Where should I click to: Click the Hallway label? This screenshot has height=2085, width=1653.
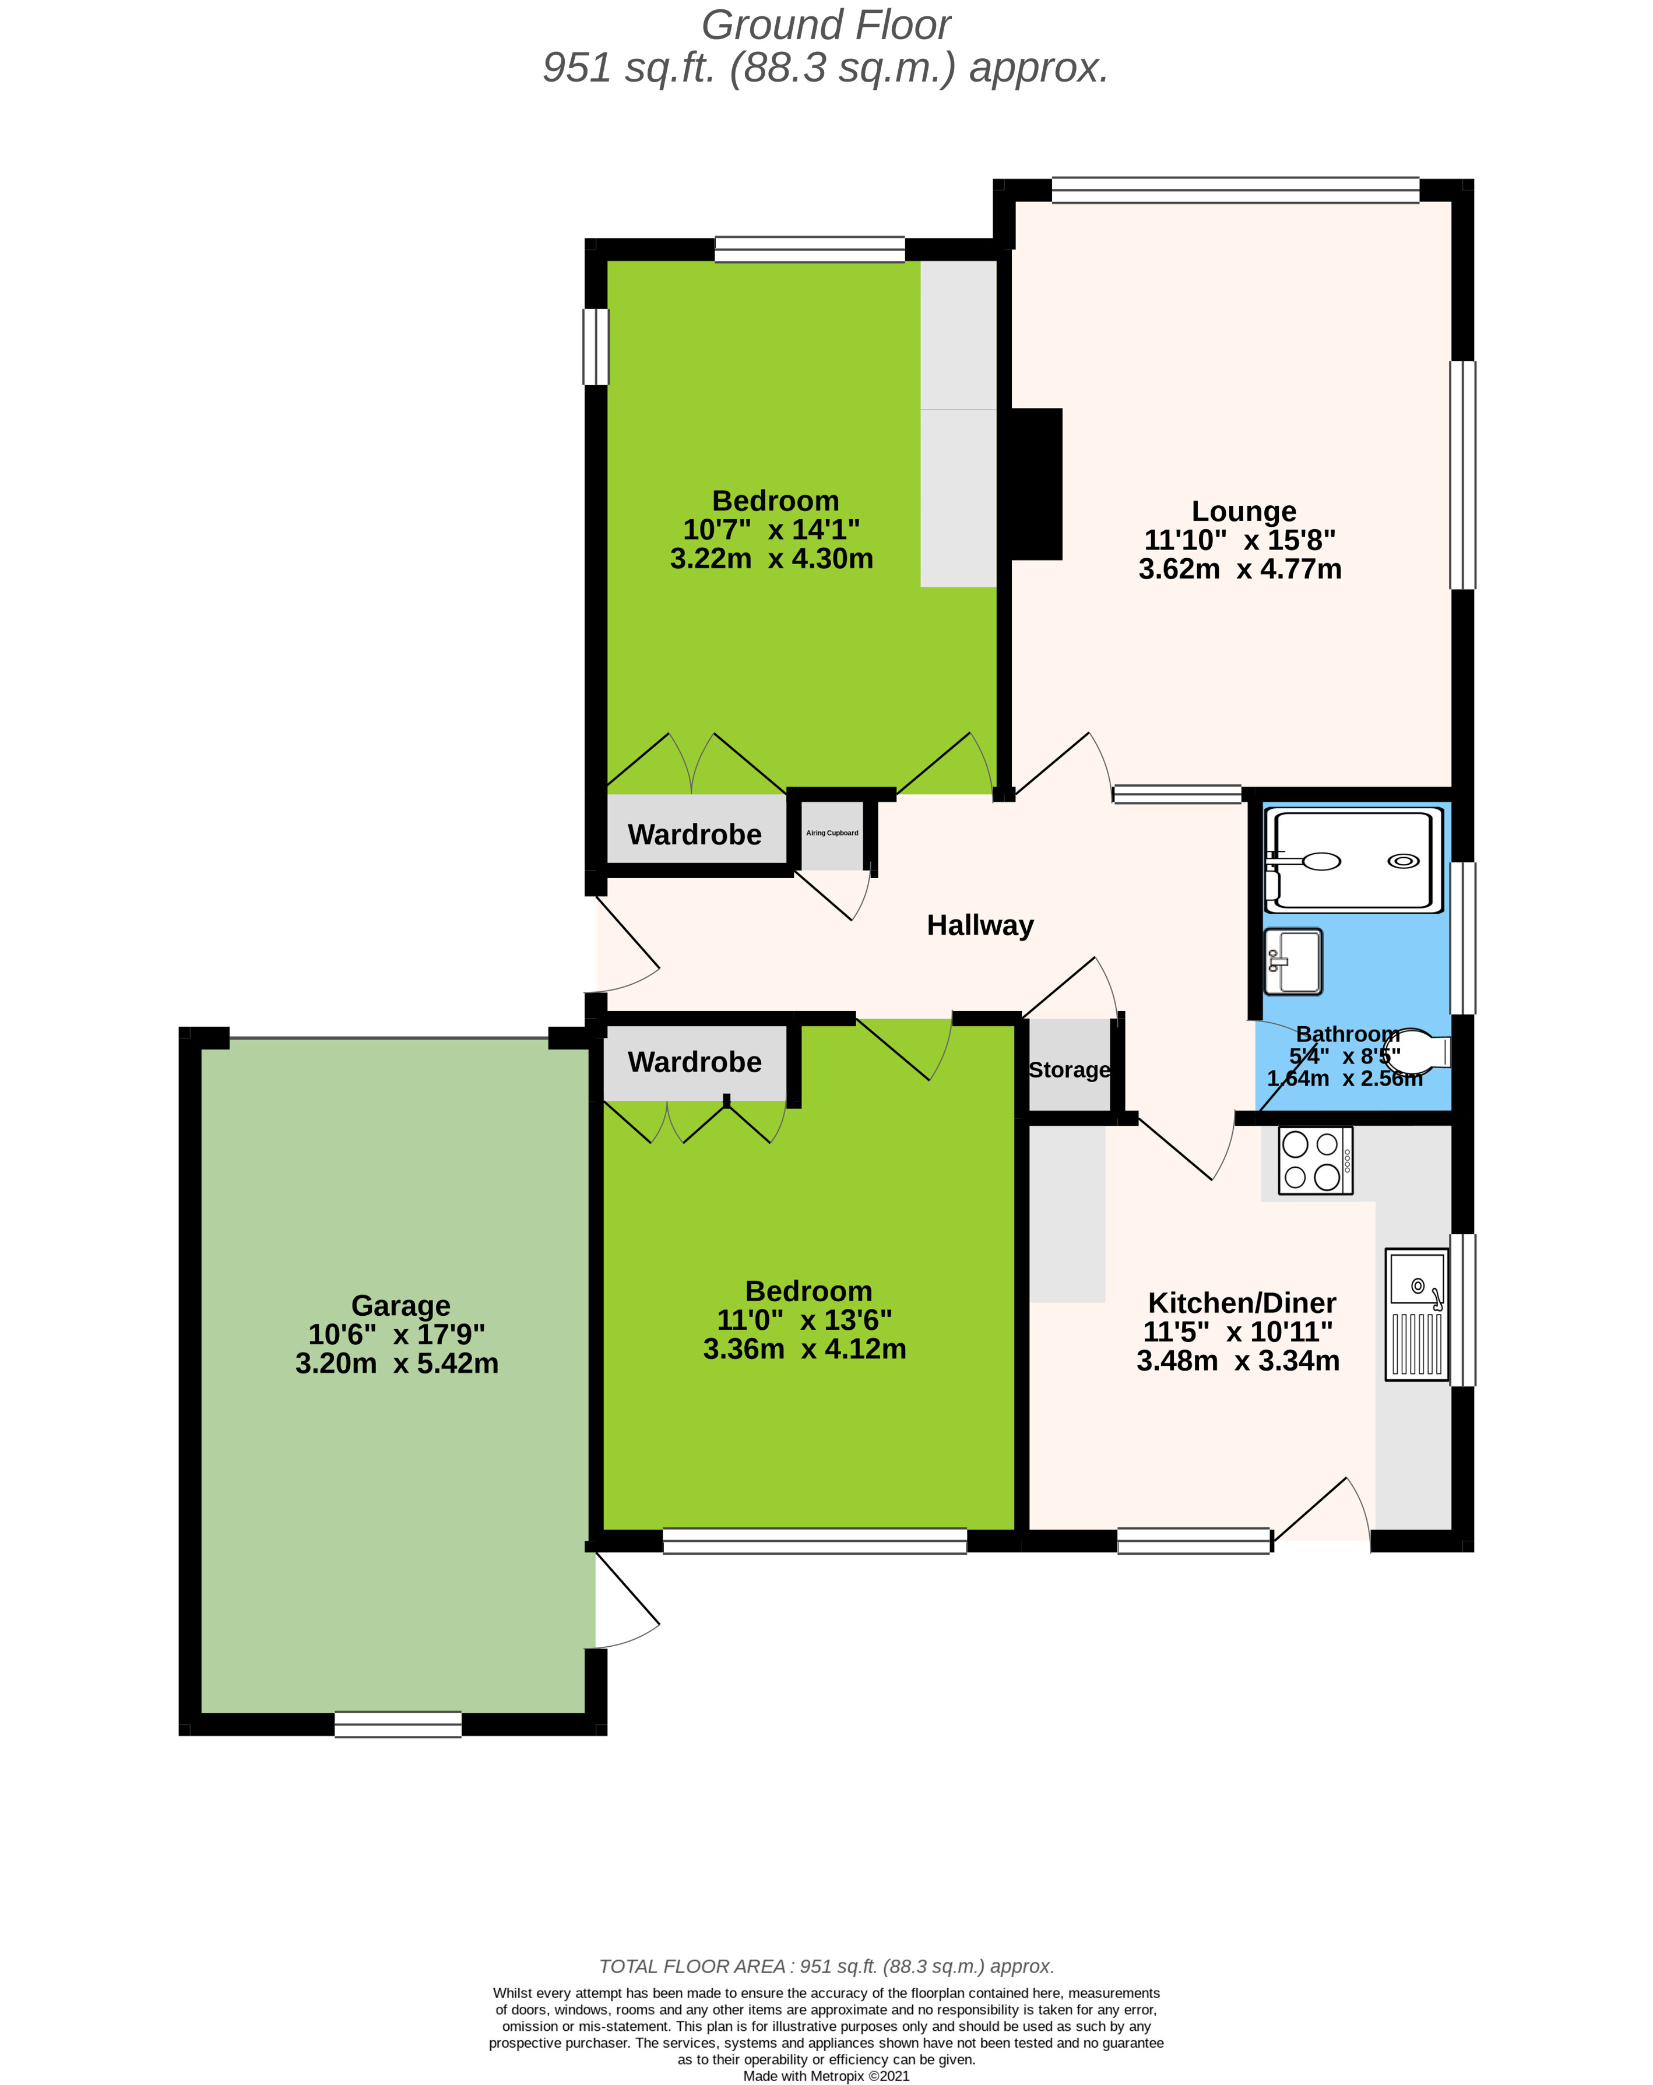(x=980, y=925)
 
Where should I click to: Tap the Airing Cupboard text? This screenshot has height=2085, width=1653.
(x=832, y=833)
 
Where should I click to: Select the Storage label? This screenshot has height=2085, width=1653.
(x=1069, y=1069)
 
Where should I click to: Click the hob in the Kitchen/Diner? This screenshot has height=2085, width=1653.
(x=1314, y=1160)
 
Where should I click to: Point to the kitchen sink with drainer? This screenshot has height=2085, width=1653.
(x=1416, y=1314)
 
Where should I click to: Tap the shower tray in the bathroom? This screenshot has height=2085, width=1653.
(x=1353, y=860)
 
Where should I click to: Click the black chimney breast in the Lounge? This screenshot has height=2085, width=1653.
(x=1036, y=484)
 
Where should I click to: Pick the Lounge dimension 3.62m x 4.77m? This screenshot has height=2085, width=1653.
(x=1239, y=569)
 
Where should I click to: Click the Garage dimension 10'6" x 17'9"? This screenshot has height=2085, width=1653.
(x=396, y=1334)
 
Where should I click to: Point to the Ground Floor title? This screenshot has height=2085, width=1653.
(x=826, y=25)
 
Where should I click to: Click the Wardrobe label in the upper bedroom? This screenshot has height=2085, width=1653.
(x=694, y=834)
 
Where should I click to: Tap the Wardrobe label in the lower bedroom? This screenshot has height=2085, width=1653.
(x=694, y=1062)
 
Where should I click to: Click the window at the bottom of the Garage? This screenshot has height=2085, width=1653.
(x=398, y=1724)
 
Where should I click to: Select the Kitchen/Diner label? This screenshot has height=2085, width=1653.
(x=1242, y=1302)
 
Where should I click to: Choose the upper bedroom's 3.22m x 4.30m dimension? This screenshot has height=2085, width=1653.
(x=771, y=559)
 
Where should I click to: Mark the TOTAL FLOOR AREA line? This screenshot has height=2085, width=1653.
(x=826, y=1966)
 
